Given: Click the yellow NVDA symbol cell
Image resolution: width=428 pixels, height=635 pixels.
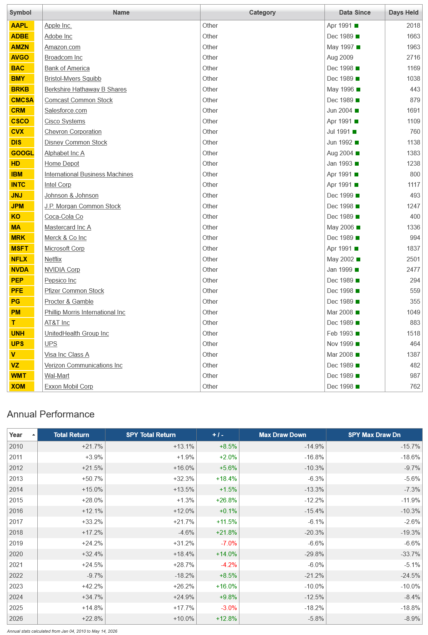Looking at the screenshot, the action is coord(22,269).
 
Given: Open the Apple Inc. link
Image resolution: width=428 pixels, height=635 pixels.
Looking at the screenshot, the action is coord(58,25).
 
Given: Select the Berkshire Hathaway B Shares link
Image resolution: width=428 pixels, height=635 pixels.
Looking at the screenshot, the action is coord(85,89).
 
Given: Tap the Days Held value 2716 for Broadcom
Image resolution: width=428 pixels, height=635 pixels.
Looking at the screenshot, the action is coord(413,58).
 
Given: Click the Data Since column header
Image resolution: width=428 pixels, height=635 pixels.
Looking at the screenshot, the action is coord(354,12).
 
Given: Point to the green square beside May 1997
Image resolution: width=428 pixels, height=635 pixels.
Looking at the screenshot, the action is coord(358,47).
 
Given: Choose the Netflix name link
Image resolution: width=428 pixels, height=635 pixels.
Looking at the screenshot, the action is coord(53,259).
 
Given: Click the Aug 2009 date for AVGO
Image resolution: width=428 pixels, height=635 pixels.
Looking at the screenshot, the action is coord(340,58).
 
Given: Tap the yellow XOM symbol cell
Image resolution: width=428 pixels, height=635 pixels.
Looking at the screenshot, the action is coord(22,386).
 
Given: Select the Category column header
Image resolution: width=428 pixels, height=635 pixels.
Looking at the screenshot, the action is coord(262,12).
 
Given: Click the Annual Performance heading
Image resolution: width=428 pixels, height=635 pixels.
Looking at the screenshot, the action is coord(51,414).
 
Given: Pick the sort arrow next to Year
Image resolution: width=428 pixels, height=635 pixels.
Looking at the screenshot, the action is coord(33,435).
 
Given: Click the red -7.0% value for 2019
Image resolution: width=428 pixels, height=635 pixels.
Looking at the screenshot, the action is coord(229,543).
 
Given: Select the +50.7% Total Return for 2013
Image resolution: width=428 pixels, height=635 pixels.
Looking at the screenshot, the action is coord(92,479).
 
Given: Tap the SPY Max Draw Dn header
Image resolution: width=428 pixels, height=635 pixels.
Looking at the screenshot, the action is coord(374,435).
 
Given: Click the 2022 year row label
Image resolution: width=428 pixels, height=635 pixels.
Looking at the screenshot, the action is coord(16,575).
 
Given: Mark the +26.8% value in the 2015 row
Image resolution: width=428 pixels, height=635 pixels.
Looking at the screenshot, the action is coord(226,500).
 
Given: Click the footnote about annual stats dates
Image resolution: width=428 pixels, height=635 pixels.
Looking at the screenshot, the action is coord(62,631).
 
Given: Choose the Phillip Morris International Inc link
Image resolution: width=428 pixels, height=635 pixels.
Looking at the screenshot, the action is coord(85,312).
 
